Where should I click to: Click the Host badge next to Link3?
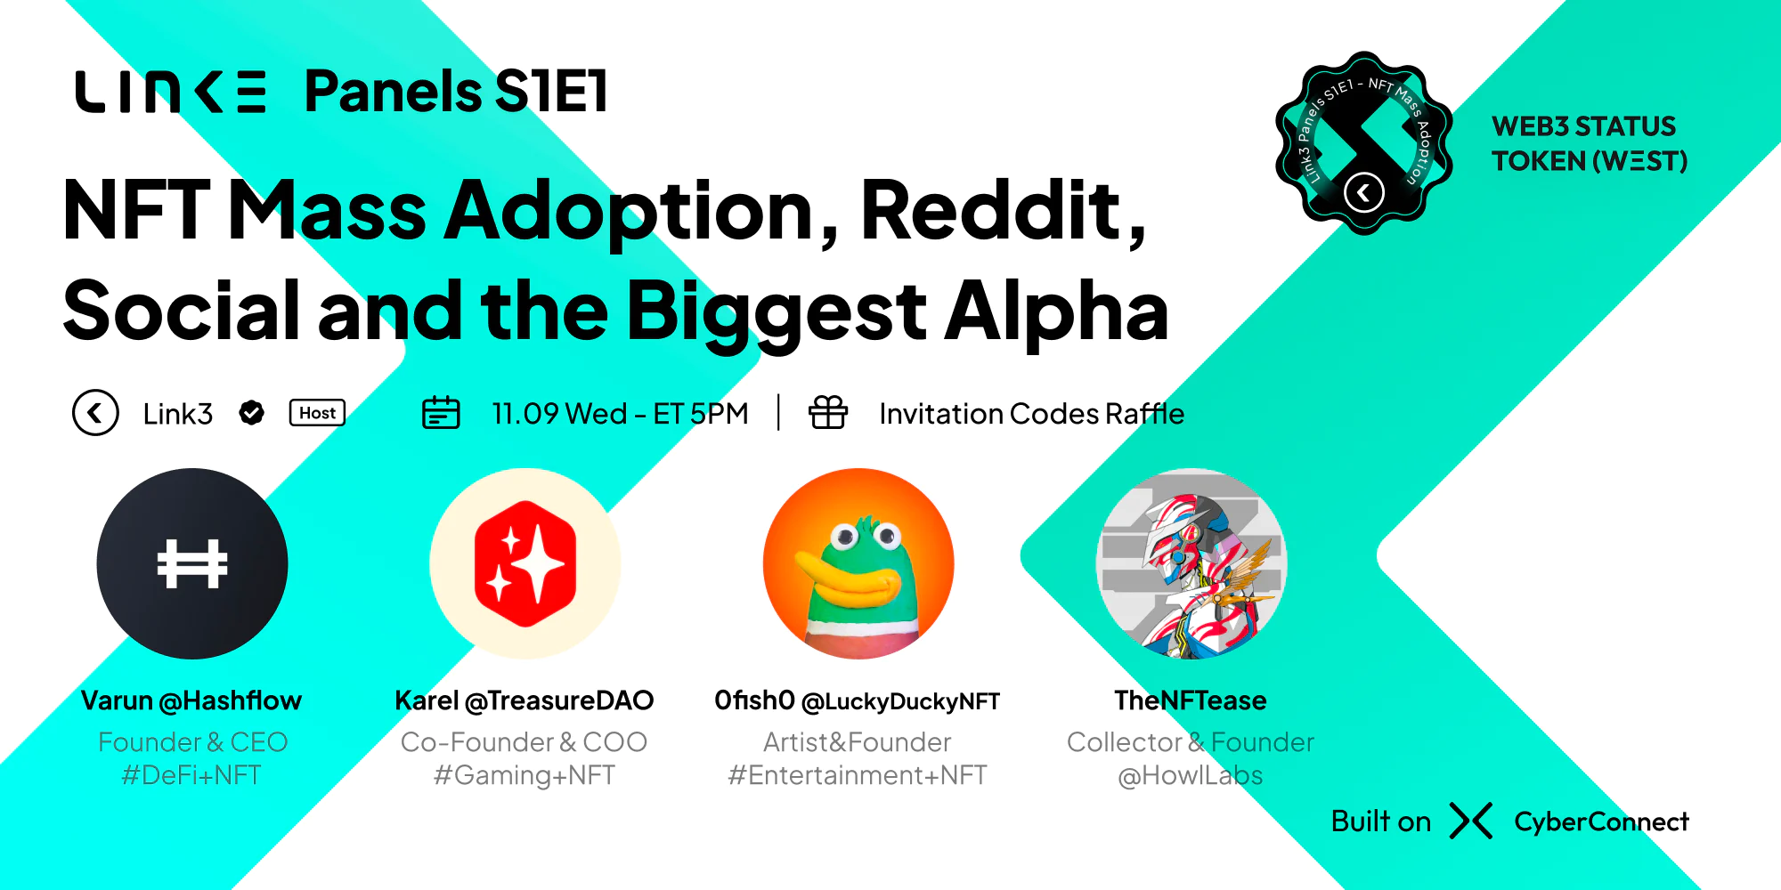click(x=317, y=413)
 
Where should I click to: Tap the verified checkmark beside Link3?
click(x=252, y=413)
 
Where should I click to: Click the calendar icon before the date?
click(x=441, y=413)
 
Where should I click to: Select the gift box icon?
click(x=828, y=412)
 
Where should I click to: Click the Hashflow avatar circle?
click(x=192, y=563)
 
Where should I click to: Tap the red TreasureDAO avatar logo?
click(x=525, y=563)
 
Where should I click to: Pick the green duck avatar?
click(x=858, y=563)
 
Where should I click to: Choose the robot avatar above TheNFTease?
click(x=1191, y=563)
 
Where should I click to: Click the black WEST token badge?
click(x=1364, y=143)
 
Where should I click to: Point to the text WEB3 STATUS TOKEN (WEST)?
click(x=1590, y=143)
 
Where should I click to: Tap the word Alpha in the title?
click(x=1056, y=311)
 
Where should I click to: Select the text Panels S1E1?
click(x=456, y=92)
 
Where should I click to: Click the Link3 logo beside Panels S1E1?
click(x=170, y=92)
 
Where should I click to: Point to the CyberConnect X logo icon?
click(x=1471, y=821)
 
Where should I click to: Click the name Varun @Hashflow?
click(x=191, y=700)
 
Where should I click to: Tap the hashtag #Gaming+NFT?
click(x=525, y=775)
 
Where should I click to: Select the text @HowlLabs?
click(x=1191, y=775)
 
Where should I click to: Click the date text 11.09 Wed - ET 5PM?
click(x=621, y=414)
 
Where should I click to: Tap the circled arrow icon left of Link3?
click(x=95, y=413)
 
